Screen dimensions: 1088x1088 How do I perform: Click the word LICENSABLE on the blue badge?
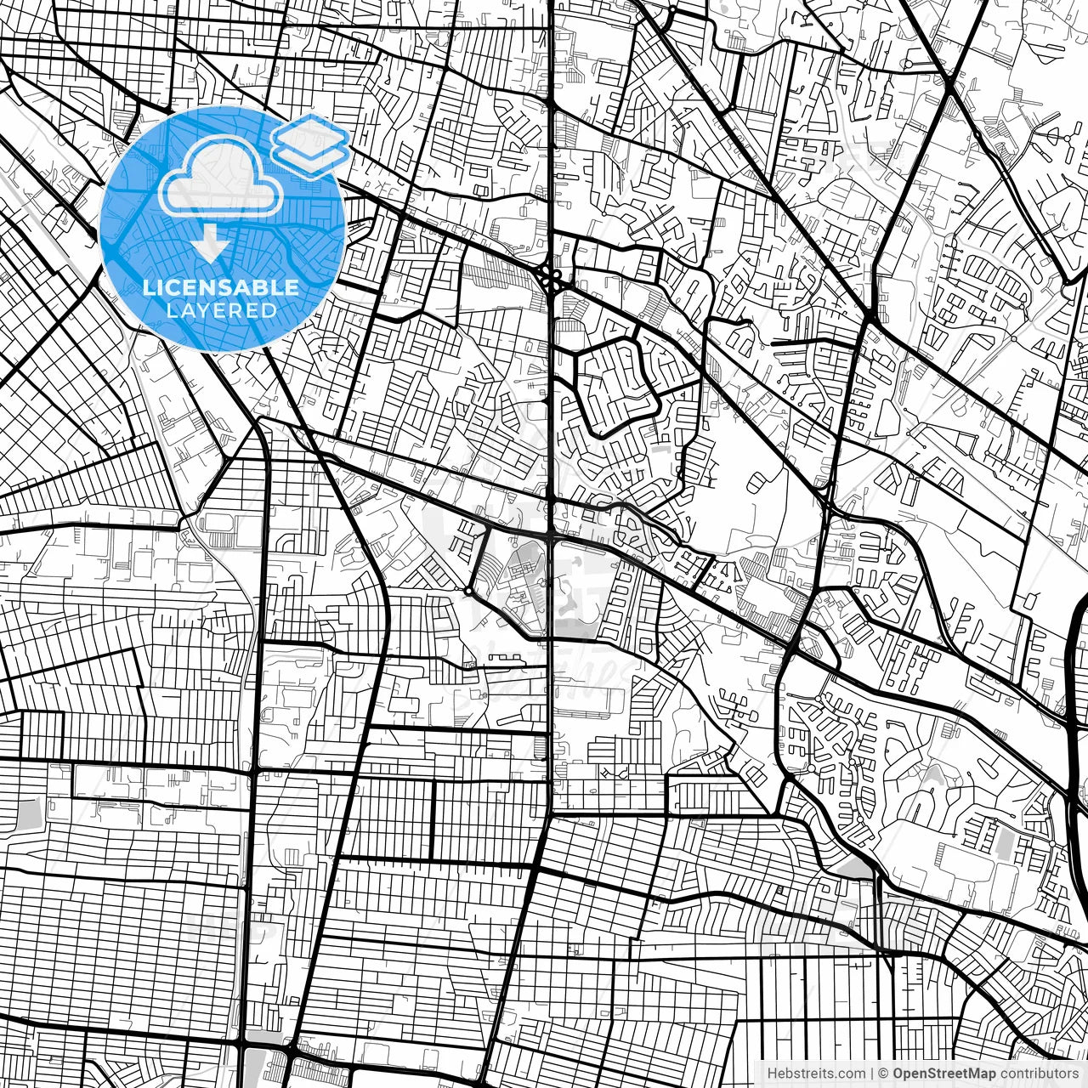click(x=221, y=287)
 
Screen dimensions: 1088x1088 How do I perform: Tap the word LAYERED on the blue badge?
click(x=221, y=310)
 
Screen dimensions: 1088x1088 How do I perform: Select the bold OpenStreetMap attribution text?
click(x=943, y=1074)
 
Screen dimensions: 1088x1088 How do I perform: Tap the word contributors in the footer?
click(x=1038, y=1074)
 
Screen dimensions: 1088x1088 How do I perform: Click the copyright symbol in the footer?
click(x=883, y=1074)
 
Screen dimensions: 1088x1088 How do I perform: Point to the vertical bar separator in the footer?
click(x=872, y=1074)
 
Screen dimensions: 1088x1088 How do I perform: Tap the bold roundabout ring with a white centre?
click(x=468, y=590)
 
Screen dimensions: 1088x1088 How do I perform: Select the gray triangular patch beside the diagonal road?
click(x=857, y=868)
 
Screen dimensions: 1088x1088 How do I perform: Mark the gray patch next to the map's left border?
click(x=28, y=813)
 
